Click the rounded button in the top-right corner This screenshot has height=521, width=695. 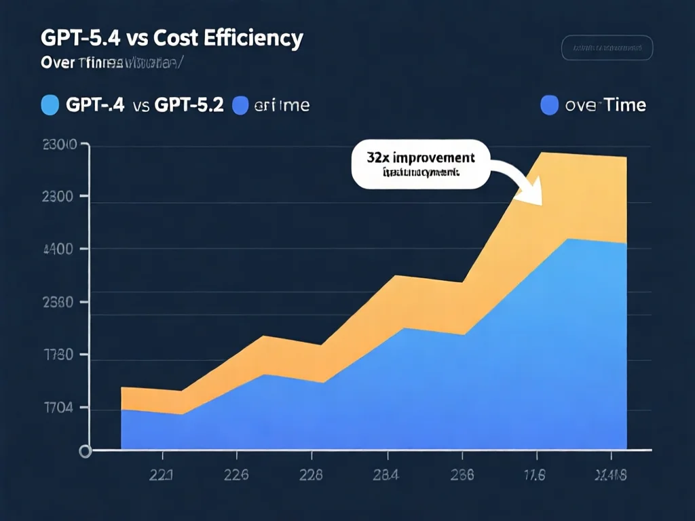pyautogui.click(x=607, y=49)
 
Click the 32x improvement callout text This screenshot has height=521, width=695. pyautogui.click(x=421, y=157)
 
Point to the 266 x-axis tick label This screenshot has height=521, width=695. pyautogui.click(x=460, y=475)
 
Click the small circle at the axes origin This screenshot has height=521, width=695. pyautogui.click(x=86, y=450)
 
